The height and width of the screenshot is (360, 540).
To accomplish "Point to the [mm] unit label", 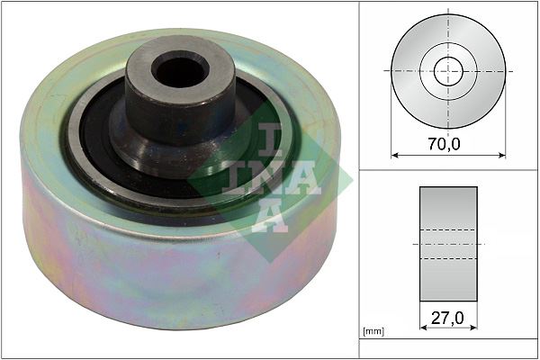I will (372, 332).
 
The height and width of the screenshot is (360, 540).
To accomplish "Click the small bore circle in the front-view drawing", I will (448, 70).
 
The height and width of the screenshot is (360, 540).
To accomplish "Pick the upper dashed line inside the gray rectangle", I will (448, 229).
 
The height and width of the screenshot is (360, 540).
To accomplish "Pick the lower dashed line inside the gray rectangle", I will (448, 259).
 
